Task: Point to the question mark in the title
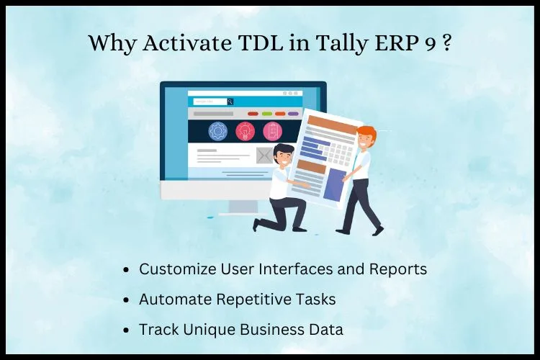click(446, 43)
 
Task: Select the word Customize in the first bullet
click(177, 269)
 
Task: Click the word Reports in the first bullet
click(398, 269)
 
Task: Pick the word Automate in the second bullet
click(175, 299)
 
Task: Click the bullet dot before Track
click(126, 330)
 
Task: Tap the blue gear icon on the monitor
click(217, 132)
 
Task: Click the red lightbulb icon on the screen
click(246, 132)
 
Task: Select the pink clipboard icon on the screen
click(272, 132)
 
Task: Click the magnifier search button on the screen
click(230, 102)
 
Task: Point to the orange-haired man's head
click(365, 138)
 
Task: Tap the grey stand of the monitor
click(243, 207)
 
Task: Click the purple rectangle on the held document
click(334, 184)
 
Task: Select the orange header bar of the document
click(333, 125)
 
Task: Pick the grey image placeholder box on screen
click(264, 156)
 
